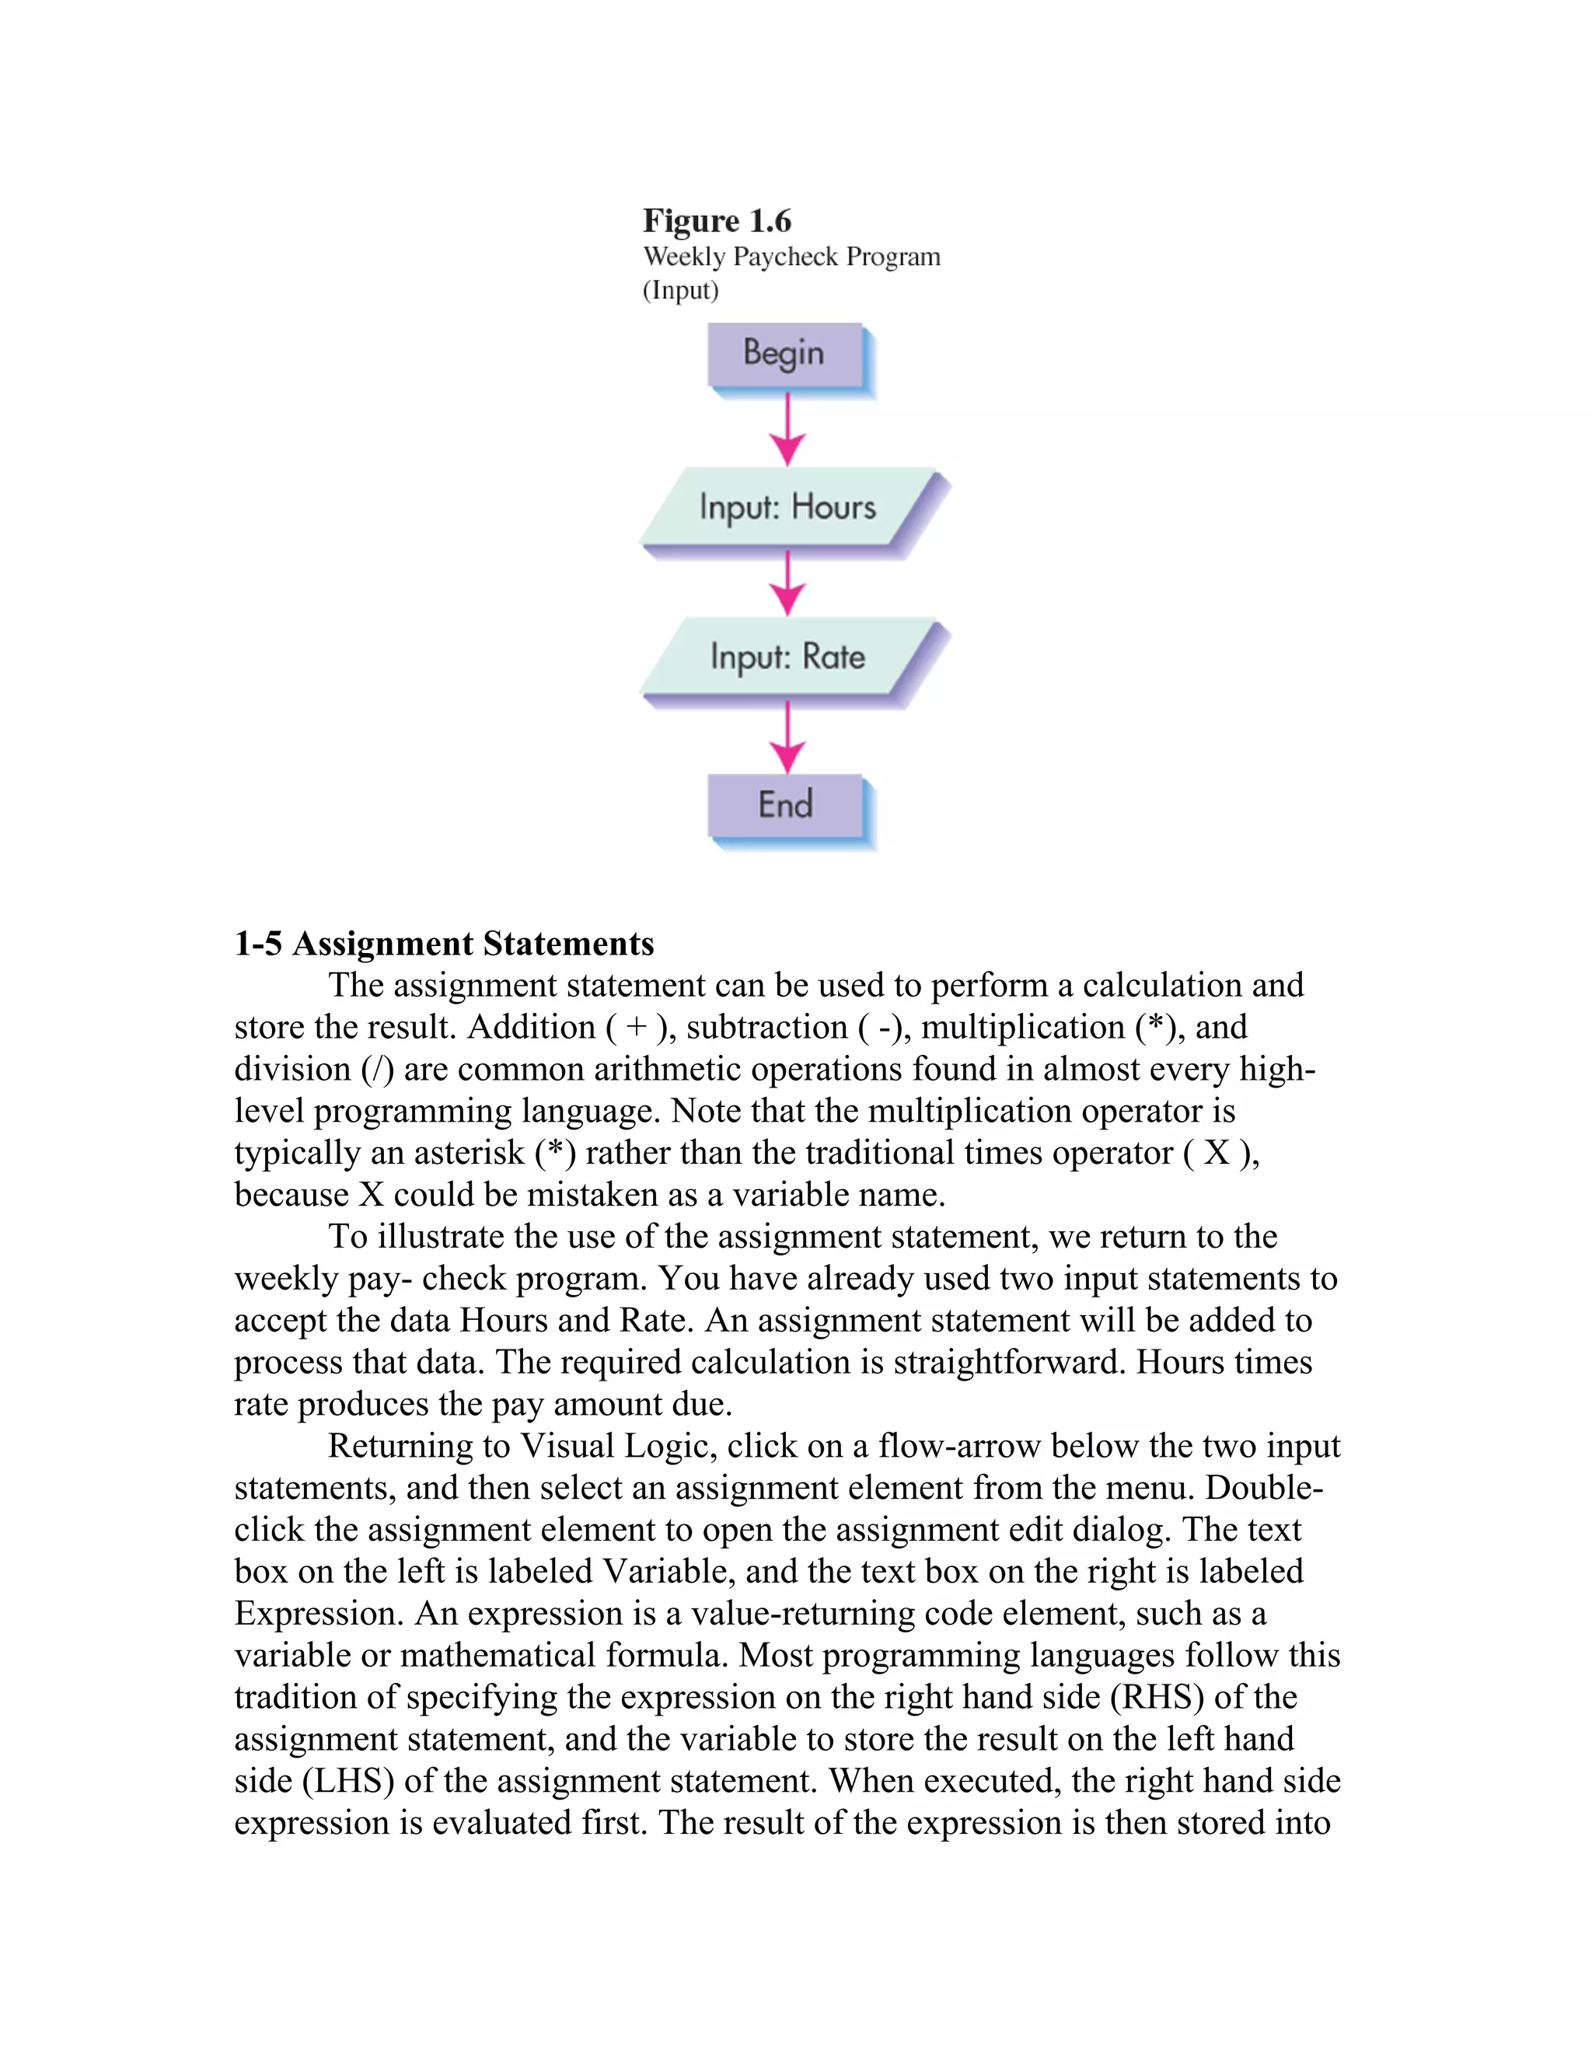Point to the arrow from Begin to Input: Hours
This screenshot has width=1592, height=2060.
click(787, 430)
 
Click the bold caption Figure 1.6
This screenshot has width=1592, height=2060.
click(717, 221)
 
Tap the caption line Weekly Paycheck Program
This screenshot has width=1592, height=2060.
click(791, 257)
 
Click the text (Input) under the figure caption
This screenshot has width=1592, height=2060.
click(680, 290)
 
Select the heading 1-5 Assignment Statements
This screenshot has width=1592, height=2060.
click(443, 943)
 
